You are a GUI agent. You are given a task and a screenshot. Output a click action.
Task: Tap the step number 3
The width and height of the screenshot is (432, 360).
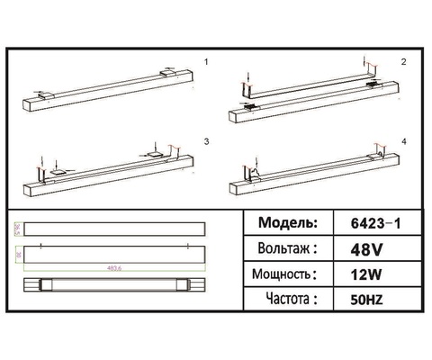(207, 141)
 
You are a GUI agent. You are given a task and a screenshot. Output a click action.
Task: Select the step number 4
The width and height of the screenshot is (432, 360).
(403, 141)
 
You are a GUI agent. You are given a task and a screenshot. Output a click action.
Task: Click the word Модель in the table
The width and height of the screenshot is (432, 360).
(286, 222)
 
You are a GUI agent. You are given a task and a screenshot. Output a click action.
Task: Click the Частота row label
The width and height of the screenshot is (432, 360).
(286, 298)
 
